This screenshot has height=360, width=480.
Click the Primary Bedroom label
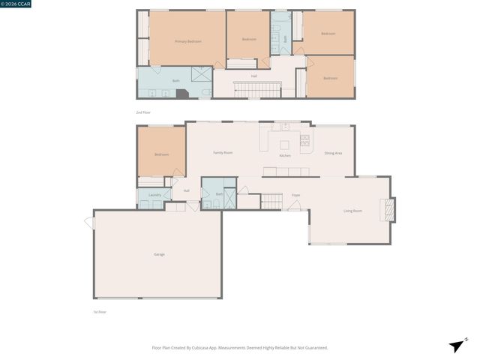pyautogui.click(x=188, y=41)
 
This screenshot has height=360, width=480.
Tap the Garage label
pyautogui.click(x=159, y=254)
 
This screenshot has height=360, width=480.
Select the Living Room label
pyautogui.click(x=352, y=211)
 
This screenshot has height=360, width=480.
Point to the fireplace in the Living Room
pyautogui.click(x=387, y=210)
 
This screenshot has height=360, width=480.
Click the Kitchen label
pyautogui.click(x=285, y=155)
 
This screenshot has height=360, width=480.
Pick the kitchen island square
pyautogui.click(x=285, y=144)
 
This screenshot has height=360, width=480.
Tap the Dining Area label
pyautogui.click(x=333, y=153)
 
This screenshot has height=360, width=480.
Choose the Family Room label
pyautogui.click(x=223, y=152)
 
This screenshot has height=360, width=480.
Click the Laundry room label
pyautogui.click(x=154, y=195)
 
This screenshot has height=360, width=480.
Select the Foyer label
pyautogui.click(x=296, y=194)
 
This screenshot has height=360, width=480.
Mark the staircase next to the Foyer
pyautogui.click(x=271, y=200)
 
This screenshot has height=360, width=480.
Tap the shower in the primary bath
pyautogui.click(x=201, y=75)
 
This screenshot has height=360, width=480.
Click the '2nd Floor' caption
pyautogui.click(x=143, y=112)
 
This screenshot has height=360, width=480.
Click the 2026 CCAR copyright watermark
pyautogui.click(x=16, y=4)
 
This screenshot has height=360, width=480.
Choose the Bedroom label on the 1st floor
pyautogui.click(x=161, y=154)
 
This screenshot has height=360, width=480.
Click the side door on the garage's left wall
pyautogui.click(x=90, y=222)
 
